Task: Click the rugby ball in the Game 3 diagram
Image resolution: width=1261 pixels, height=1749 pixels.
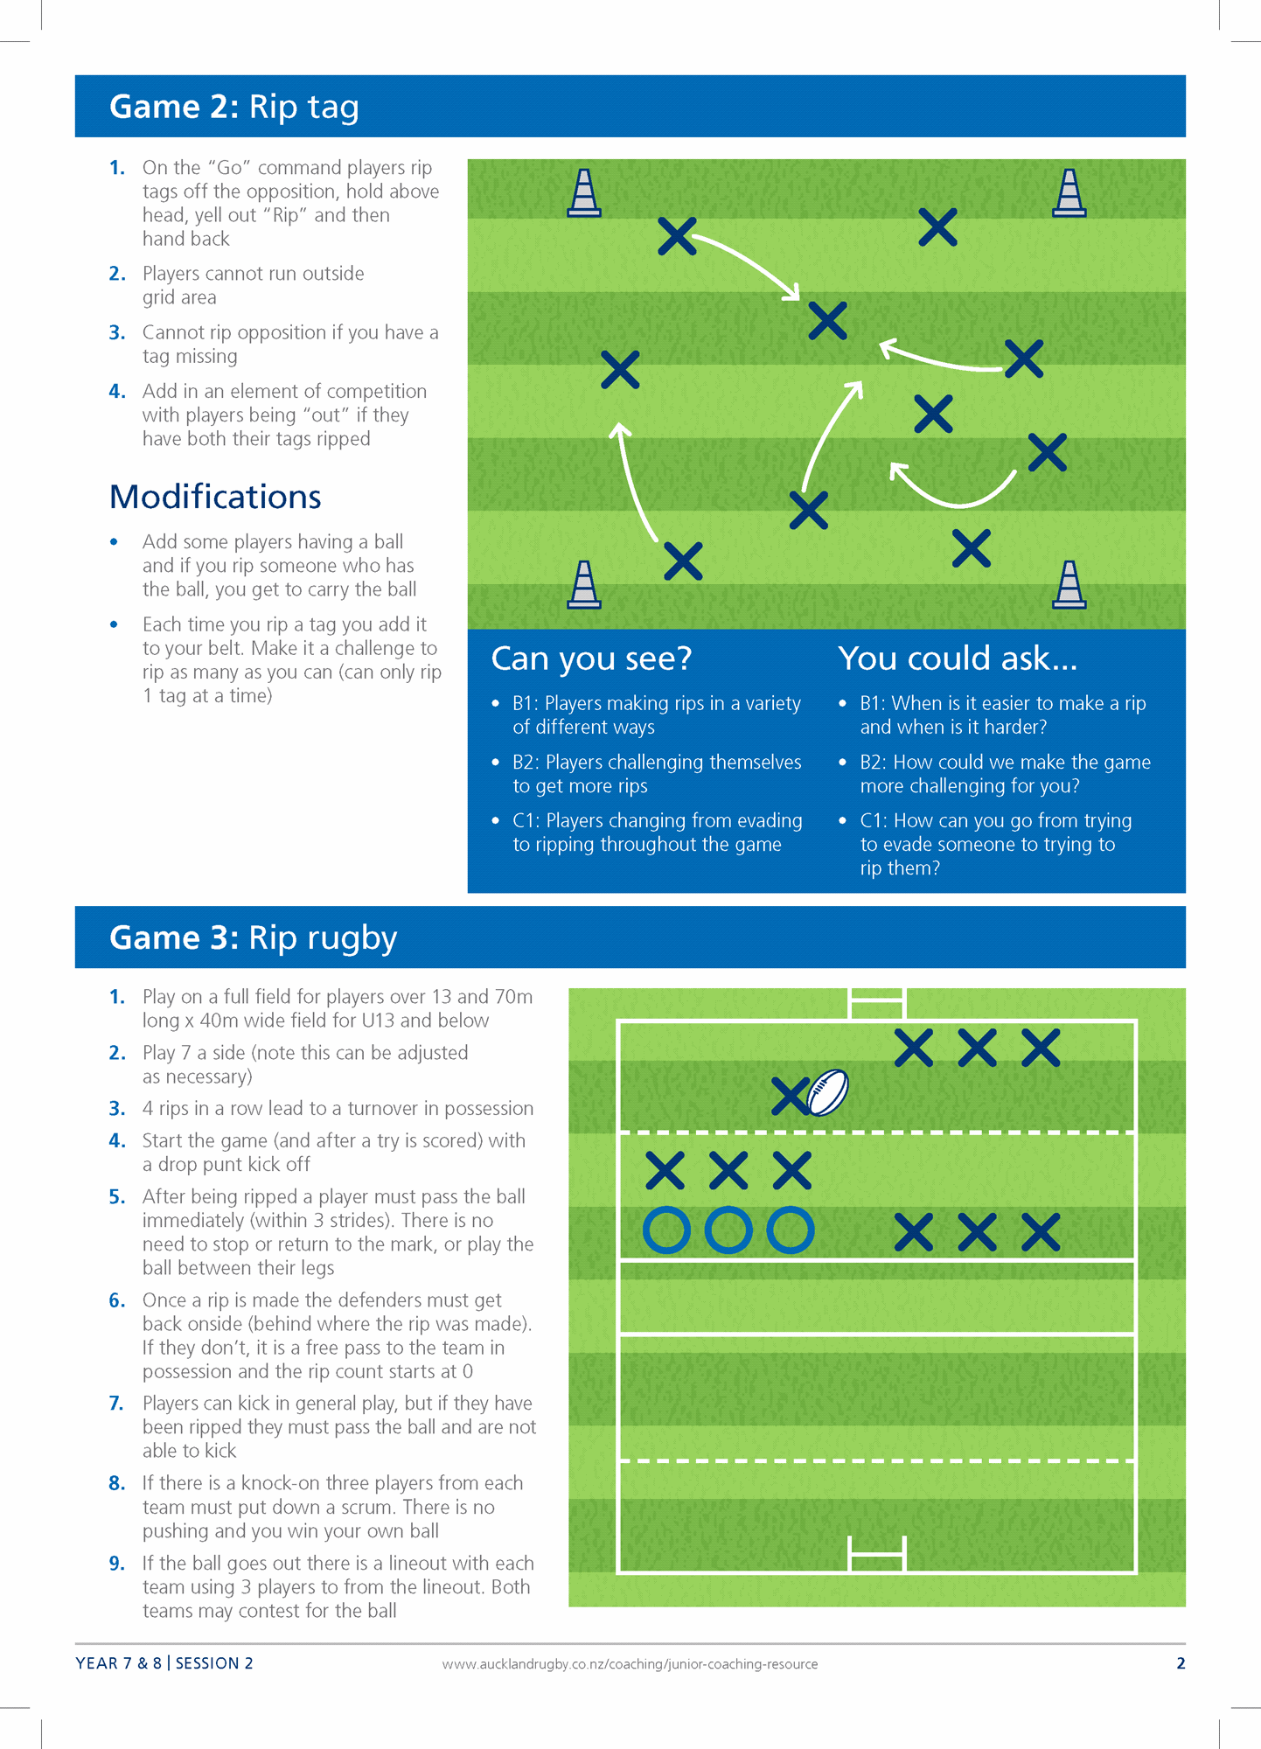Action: point(827,1093)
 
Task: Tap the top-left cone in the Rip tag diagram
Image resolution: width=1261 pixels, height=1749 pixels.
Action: point(584,192)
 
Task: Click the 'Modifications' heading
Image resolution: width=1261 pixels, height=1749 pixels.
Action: point(215,497)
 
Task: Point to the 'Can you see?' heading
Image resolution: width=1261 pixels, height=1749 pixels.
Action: point(591,658)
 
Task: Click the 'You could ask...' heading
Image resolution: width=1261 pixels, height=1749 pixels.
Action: point(957,658)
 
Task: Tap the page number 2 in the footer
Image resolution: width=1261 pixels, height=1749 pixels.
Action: point(1181,1663)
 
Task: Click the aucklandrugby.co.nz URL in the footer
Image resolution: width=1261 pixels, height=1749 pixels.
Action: point(630,1664)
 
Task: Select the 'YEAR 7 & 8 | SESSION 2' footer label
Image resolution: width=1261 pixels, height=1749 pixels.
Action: point(164,1663)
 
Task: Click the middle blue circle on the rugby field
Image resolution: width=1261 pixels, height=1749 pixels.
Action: point(728,1230)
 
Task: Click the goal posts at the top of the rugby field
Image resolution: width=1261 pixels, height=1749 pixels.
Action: point(876,1003)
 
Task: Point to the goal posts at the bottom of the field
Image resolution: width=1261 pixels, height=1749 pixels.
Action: point(876,1554)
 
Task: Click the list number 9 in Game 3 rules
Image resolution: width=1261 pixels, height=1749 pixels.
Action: point(116,1564)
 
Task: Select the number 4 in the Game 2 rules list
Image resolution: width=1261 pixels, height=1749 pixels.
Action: point(116,392)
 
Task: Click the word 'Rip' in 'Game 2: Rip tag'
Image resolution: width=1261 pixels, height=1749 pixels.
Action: point(273,107)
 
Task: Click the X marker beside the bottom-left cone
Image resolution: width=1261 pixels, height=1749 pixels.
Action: point(683,561)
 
